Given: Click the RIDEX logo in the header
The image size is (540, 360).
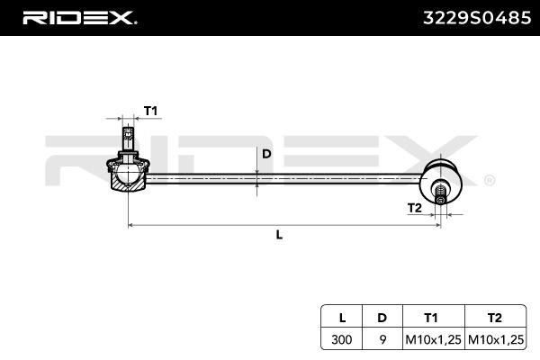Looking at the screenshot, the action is click(78, 18).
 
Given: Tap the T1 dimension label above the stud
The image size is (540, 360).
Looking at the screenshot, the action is click(150, 111).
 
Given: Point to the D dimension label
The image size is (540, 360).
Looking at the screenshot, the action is click(266, 154).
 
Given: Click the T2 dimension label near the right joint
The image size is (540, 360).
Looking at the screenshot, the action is click(414, 208).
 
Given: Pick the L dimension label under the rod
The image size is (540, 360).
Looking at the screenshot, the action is click(279, 235).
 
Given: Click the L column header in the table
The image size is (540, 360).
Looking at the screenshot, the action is click(342, 319).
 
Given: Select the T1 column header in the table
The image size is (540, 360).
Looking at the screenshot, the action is click(431, 319).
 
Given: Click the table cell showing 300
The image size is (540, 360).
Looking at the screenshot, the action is click(342, 340).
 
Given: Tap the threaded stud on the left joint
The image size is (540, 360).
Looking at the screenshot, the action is click(127, 140).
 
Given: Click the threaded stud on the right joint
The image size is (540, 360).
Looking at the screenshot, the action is click(442, 193).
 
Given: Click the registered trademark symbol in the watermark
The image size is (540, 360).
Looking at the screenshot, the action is click(489, 180).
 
